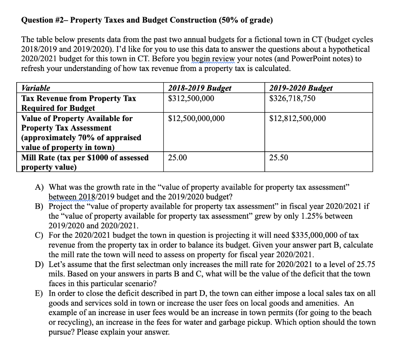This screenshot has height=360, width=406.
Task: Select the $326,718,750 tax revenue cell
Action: click(292, 98)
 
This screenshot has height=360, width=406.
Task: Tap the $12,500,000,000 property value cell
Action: click(196, 118)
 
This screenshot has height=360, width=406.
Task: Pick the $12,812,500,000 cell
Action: click(297, 118)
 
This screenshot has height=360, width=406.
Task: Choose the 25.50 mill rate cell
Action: click(278, 158)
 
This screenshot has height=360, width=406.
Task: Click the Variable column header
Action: click(36, 88)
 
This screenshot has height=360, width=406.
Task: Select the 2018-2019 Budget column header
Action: click(200, 88)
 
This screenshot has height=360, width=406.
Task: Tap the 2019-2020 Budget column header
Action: click(301, 88)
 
